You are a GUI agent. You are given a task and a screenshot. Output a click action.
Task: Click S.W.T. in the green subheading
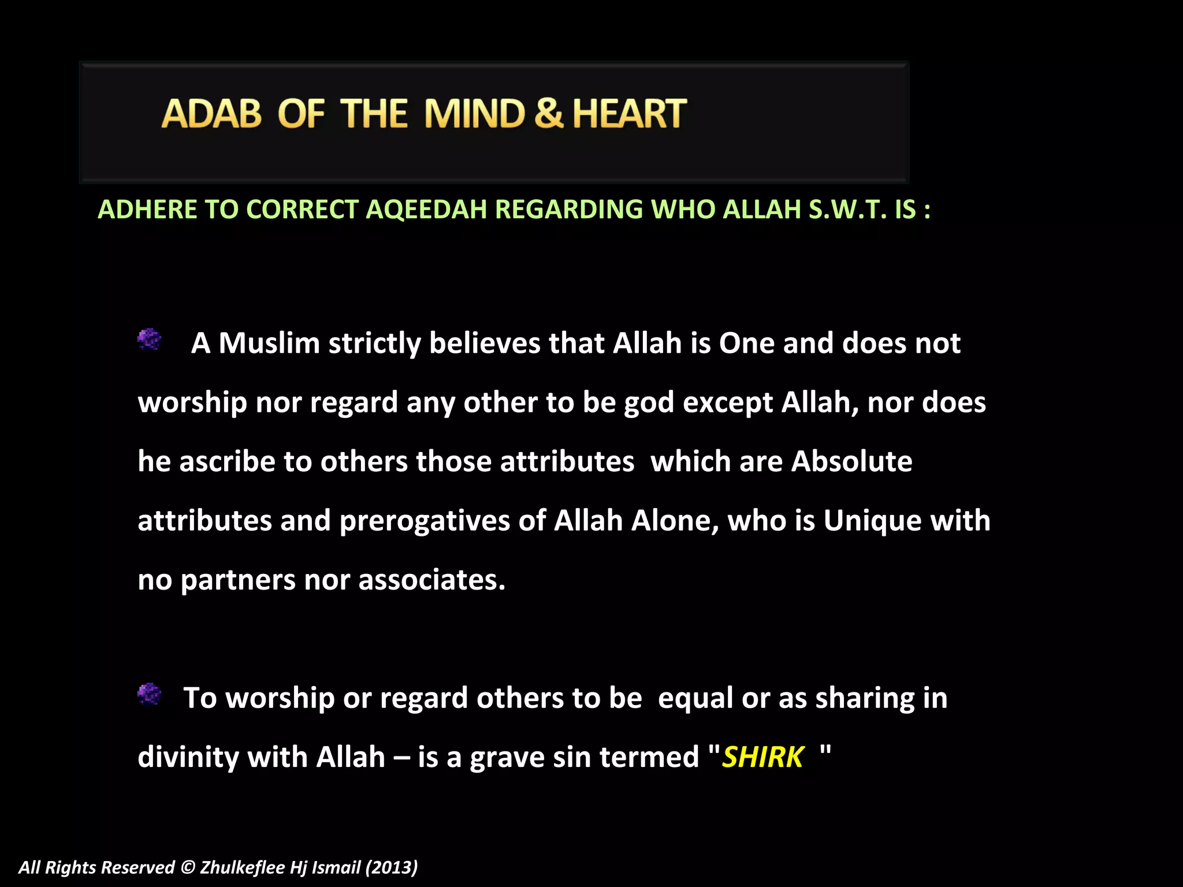pos(847,209)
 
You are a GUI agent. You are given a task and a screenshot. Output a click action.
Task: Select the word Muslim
pos(269,343)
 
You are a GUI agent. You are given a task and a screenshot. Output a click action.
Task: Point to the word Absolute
pos(851,461)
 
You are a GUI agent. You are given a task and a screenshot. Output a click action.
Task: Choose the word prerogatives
pos(425,521)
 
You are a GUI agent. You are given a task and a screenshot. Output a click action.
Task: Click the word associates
pos(431,580)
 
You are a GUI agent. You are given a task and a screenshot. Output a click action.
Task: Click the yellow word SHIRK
pos(762,757)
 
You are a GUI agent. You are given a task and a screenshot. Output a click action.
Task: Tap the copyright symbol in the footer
pos(188,867)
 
